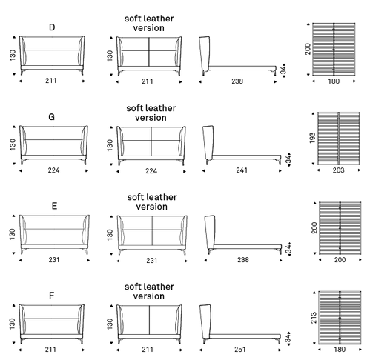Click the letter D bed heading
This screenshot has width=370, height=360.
[52, 27]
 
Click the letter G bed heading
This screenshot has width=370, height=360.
[51, 116]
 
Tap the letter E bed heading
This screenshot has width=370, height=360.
[54, 206]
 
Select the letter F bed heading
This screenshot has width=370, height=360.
[51, 296]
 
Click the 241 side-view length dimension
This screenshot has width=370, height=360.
[242, 170]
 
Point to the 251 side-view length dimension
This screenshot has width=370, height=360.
[239, 350]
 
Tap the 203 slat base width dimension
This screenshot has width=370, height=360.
[338, 170]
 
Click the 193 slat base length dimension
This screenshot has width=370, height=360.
[312, 138]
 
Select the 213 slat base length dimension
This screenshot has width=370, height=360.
[314, 318]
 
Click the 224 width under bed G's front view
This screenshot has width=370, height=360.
[53, 170]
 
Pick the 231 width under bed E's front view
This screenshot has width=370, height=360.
[54, 260]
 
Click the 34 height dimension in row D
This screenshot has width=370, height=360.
[283, 70]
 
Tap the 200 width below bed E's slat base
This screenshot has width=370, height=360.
[340, 260]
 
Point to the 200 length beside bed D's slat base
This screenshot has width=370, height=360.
[308, 49]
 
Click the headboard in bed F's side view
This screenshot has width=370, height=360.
[205, 321]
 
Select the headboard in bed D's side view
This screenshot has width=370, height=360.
[205, 53]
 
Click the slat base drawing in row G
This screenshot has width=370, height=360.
[339, 138]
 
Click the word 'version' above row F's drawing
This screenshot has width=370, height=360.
[149, 296]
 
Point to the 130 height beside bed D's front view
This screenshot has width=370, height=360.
[13, 55]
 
